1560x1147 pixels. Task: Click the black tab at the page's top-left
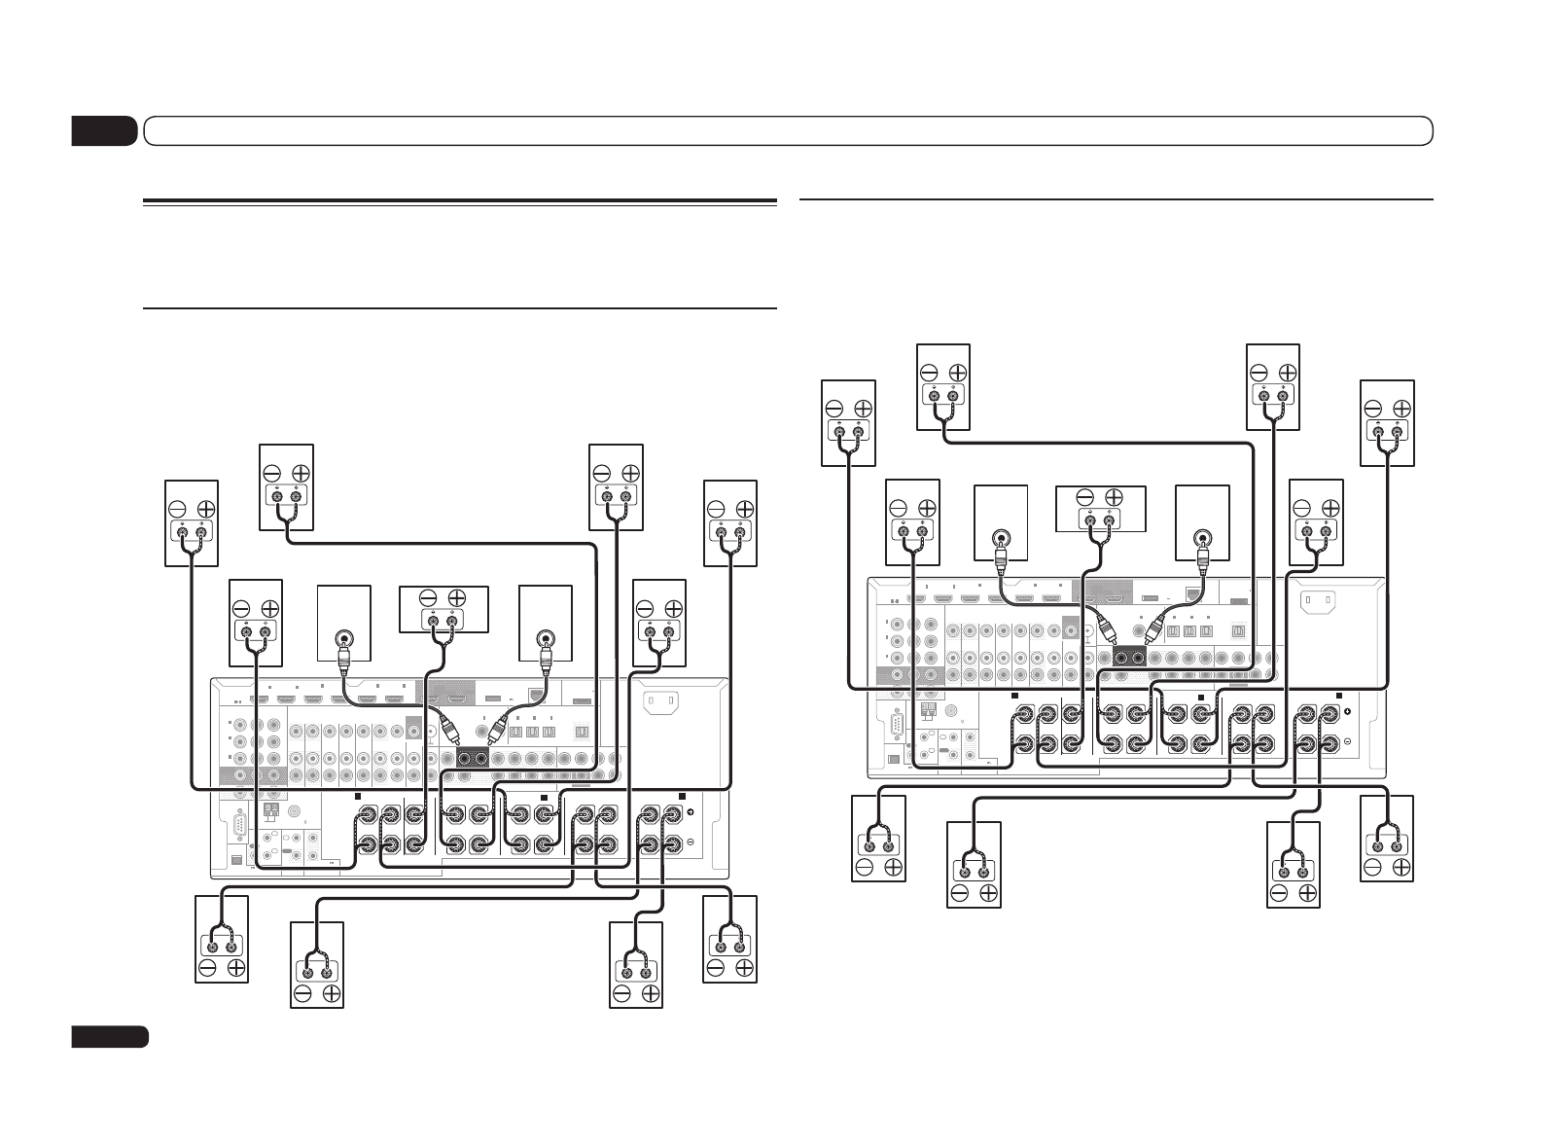tap(104, 130)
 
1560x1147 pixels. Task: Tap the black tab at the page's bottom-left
tap(109, 1036)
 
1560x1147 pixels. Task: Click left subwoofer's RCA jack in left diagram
tap(344, 639)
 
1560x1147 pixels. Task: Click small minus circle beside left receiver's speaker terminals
tap(691, 842)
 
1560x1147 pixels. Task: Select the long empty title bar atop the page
tap(788, 130)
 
